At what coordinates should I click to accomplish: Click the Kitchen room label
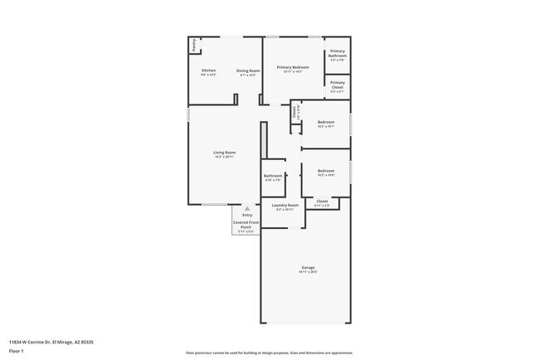(209, 71)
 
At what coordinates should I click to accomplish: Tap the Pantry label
(195, 45)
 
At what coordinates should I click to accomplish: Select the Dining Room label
(249, 71)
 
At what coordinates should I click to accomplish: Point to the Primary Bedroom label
(294, 67)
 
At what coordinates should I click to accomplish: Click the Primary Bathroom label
(337, 53)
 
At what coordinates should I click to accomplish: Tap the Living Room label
(225, 153)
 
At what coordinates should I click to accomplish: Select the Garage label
(308, 267)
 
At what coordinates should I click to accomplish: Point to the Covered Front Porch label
(246, 225)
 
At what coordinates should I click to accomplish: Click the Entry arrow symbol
(246, 209)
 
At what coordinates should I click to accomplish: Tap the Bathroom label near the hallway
(274, 175)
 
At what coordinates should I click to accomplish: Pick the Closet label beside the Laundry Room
(322, 201)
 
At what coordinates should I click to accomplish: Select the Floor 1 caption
(17, 350)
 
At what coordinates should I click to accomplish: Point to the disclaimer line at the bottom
(269, 353)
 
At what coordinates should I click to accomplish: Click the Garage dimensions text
(308, 272)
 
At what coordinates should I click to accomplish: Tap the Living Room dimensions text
(225, 157)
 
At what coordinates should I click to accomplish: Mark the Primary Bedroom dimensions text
(294, 72)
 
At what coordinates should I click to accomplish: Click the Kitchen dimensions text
(209, 75)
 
